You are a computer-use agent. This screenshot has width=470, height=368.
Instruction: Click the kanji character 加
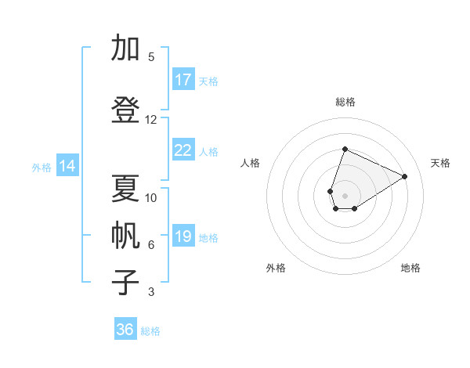coord(126,49)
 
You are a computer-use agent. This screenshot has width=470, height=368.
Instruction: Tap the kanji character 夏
coord(126,189)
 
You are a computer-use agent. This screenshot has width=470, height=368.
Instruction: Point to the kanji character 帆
coord(126,236)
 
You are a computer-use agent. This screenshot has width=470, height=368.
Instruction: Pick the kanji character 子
coord(126,282)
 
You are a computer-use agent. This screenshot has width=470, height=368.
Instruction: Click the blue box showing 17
coord(183,80)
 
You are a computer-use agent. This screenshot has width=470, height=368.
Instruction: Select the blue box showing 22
coord(183,150)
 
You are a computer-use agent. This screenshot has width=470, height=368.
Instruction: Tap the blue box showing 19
coord(183,236)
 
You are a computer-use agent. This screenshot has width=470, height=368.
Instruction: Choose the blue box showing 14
coord(67,166)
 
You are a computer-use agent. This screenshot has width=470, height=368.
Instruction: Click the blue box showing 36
coord(125,330)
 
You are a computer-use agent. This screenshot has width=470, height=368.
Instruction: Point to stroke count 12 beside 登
coord(151,120)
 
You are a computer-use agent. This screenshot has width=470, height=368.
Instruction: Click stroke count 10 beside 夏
coord(151,198)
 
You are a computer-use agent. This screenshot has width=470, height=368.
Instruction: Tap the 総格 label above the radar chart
coord(345,102)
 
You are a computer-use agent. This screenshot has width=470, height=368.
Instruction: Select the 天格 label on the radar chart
coord(440,163)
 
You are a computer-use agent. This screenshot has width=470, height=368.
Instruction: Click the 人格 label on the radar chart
coord(250,163)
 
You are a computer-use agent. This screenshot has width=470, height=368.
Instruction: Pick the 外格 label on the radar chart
coord(276,268)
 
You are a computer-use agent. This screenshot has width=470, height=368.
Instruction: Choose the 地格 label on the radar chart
coord(410,268)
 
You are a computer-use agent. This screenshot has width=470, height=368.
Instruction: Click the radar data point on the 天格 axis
coord(405,176)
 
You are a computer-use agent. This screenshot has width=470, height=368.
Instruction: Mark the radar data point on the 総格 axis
coord(345,149)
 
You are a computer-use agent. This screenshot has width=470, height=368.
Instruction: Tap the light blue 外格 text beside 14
coord(42,167)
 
